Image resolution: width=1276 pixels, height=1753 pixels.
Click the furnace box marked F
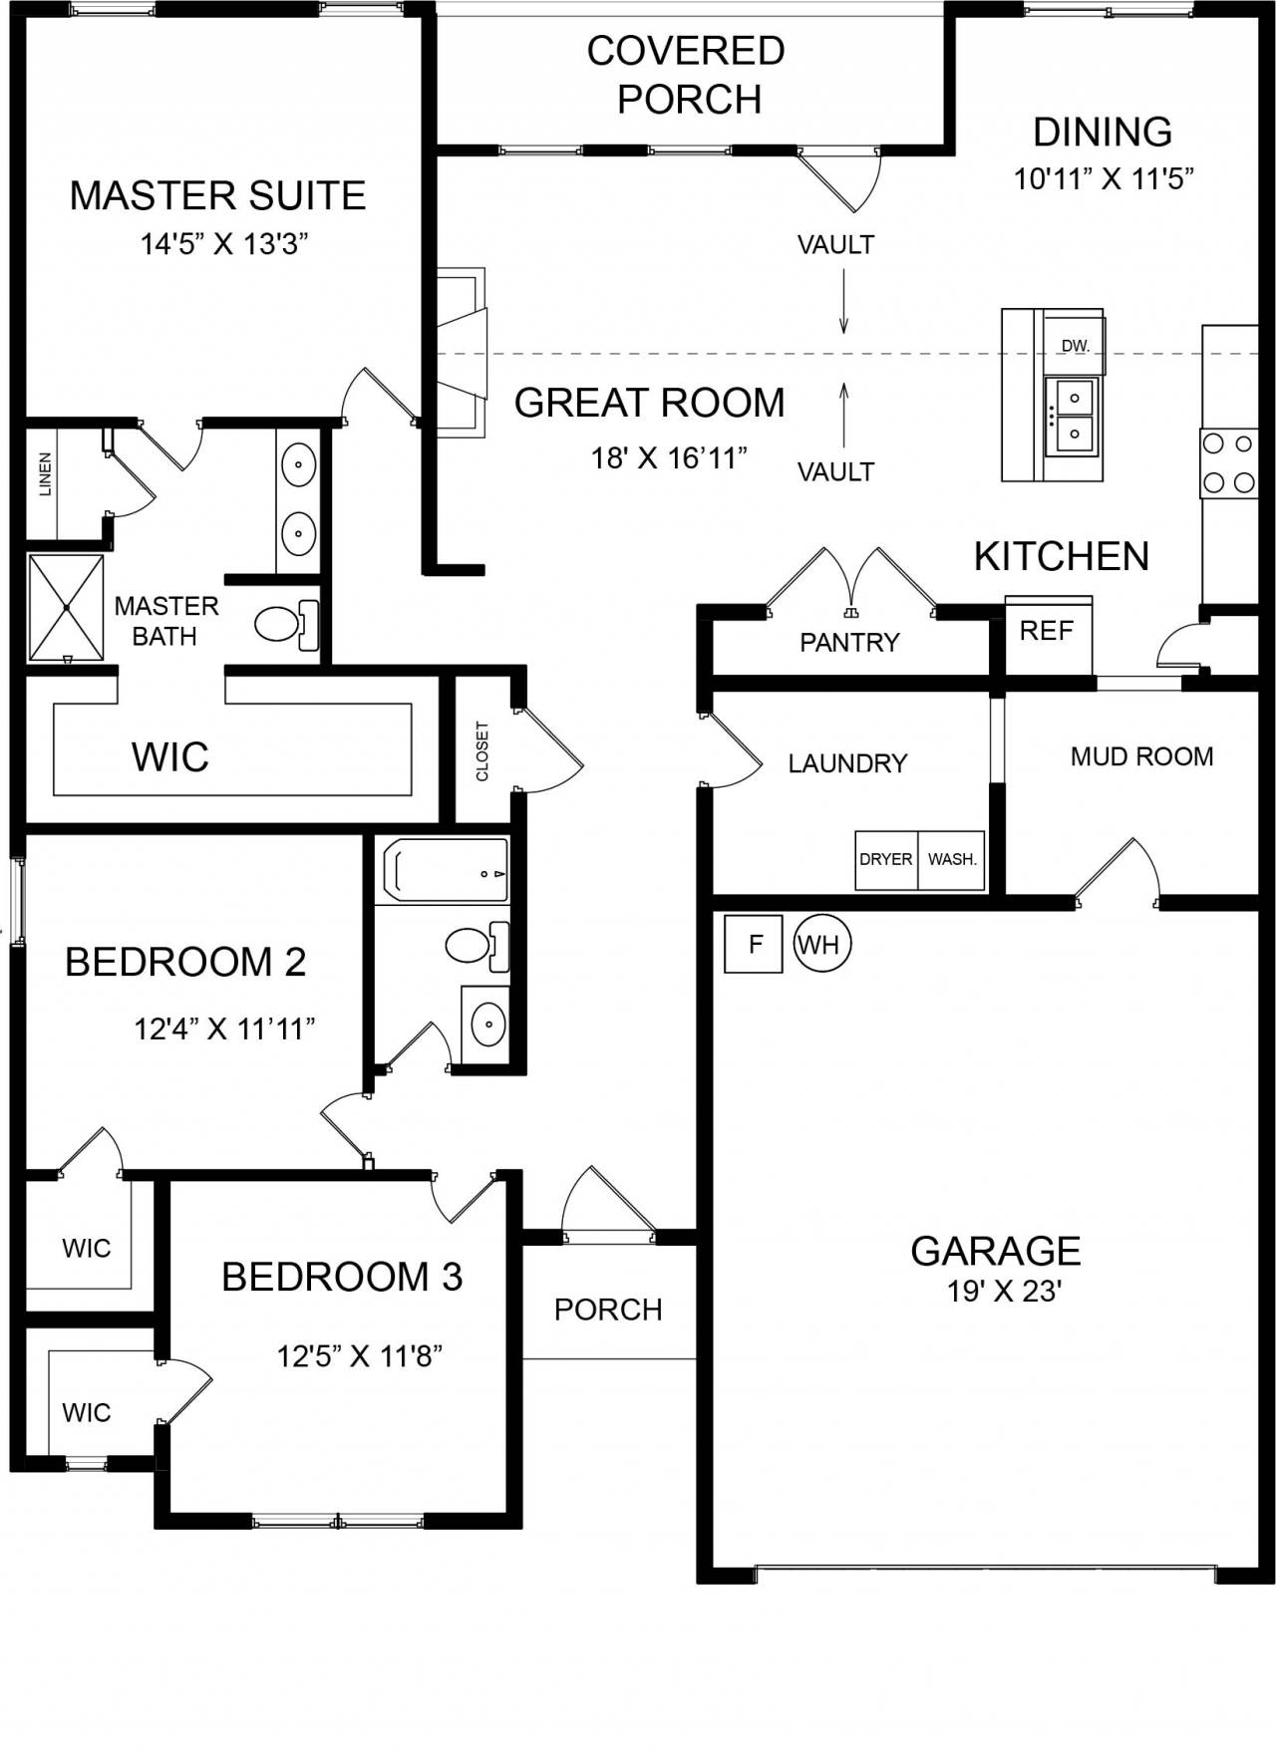pos(754,943)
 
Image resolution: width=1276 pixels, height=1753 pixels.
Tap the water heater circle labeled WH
pos(822,943)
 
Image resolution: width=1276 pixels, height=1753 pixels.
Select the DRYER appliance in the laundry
pos(886,860)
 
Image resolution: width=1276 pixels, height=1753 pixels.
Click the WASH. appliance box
pos(952,860)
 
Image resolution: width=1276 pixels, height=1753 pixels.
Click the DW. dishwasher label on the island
pos(1075,346)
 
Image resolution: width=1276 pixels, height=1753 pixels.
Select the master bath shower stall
pos(66,608)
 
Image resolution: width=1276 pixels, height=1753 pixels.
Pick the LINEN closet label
pos(45,474)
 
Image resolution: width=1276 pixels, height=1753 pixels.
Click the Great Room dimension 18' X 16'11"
pos(669,458)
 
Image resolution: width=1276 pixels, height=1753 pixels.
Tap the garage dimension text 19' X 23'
pos(1003,1292)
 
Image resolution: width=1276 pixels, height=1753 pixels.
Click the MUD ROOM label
pos(1141,757)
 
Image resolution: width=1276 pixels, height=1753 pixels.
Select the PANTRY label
pos(849,643)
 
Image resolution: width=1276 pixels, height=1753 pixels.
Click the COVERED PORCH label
pos(687,75)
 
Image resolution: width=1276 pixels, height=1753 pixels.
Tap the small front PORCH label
pos(608,1310)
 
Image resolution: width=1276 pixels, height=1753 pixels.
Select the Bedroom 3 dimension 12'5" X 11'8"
pos(359,1356)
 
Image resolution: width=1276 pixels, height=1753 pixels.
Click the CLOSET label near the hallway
pos(482,751)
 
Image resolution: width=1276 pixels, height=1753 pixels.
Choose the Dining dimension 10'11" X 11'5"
pos(1104,179)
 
